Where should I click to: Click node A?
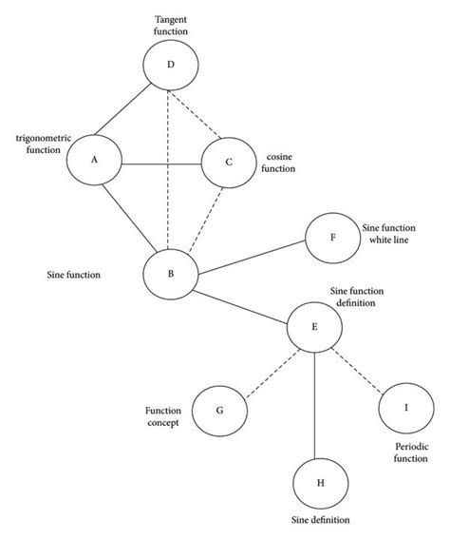click(95, 160)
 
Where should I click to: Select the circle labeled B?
click(170, 274)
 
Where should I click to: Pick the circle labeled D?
click(170, 65)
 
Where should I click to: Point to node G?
click(220, 411)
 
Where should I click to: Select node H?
click(320, 483)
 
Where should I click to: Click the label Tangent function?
click(171, 25)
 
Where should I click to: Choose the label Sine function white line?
click(387, 234)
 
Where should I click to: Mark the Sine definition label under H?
click(320, 520)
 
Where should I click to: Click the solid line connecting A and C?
click(161, 164)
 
